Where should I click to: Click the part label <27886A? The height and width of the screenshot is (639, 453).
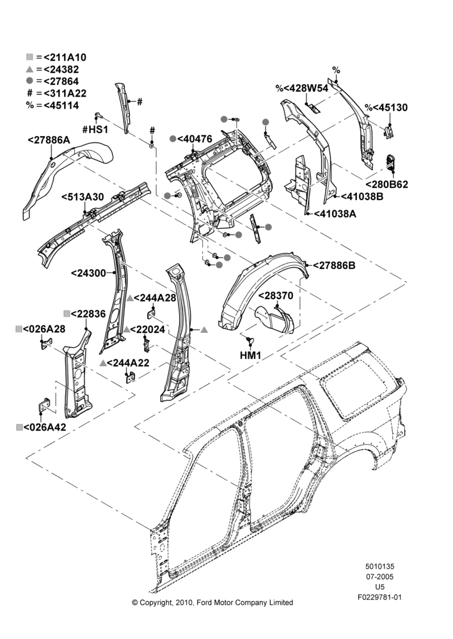pos(49,140)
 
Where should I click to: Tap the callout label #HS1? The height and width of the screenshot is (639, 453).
pos(95,130)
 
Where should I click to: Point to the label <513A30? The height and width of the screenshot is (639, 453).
pos(83,197)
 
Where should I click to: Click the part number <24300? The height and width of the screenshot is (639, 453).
pos(88,273)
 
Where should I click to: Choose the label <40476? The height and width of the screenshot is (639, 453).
pos(195,139)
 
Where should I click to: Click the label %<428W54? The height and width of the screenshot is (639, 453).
pos(301,88)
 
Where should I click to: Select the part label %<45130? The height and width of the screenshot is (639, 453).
pos(386,107)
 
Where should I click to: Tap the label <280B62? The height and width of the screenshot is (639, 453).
pos(386,184)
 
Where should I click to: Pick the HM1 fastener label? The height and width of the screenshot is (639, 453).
pos(250,355)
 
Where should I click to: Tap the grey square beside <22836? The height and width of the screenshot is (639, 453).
pos(67,313)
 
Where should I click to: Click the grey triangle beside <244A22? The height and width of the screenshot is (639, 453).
pos(103,363)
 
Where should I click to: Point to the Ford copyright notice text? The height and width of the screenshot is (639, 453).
pos(212,603)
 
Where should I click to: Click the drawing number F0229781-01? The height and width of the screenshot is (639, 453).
pos(379,597)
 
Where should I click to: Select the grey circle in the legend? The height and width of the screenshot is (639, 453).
pos(29,81)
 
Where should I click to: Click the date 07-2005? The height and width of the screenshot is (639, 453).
pos(379,576)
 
